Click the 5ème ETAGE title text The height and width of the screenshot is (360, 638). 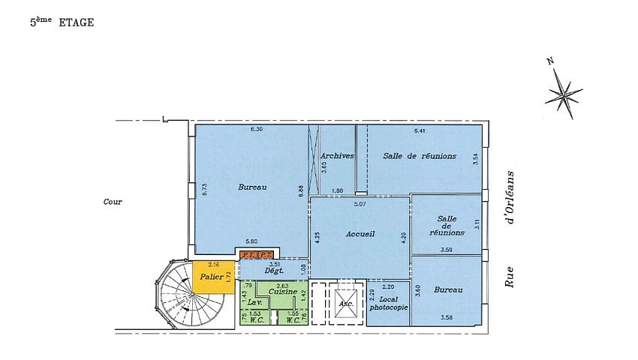pyautogui.click(x=62, y=23)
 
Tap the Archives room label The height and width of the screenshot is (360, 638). pyautogui.click(x=337, y=155)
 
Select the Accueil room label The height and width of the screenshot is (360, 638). pyautogui.click(x=360, y=234)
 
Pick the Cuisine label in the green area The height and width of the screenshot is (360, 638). pyautogui.click(x=282, y=291)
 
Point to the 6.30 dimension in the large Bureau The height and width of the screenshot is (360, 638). pyautogui.click(x=257, y=129)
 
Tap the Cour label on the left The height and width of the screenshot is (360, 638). pyautogui.click(x=113, y=202)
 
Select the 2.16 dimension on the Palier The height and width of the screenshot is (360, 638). pyautogui.click(x=213, y=265)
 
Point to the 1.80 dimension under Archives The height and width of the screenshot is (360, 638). pyautogui.click(x=338, y=190)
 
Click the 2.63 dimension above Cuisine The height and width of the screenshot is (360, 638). pyautogui.click(x=282, y=285)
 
